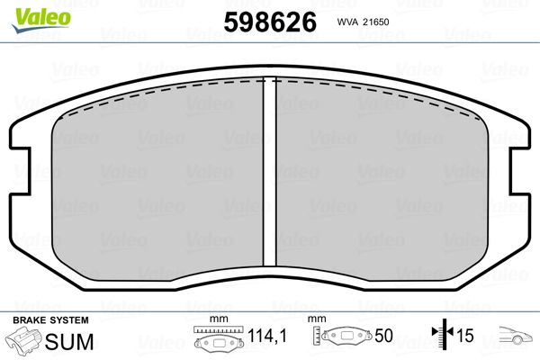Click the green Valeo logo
(41, 20)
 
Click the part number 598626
(270, 22)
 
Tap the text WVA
(347, 22)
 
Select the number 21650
(375, 22)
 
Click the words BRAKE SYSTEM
(50, 320)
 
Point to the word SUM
(69, 342)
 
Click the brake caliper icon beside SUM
(23, 340)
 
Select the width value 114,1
(267, 335)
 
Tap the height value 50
(383, 335)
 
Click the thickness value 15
(464, 335)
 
